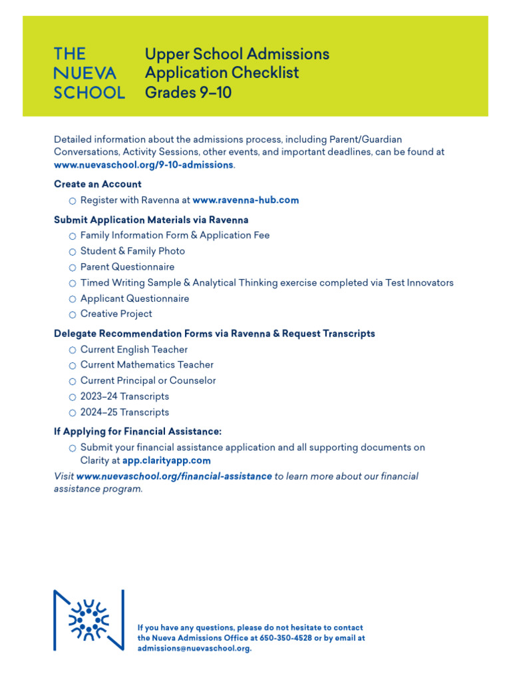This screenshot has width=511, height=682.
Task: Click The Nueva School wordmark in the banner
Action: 88,73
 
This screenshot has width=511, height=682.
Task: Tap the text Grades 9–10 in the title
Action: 188,93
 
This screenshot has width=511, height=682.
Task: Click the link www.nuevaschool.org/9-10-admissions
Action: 143,165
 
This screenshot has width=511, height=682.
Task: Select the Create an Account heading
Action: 97,184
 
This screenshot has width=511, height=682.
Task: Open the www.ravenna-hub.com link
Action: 246,200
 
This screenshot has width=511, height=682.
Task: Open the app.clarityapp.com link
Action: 166,460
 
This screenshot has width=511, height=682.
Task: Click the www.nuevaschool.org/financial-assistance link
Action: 174,476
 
